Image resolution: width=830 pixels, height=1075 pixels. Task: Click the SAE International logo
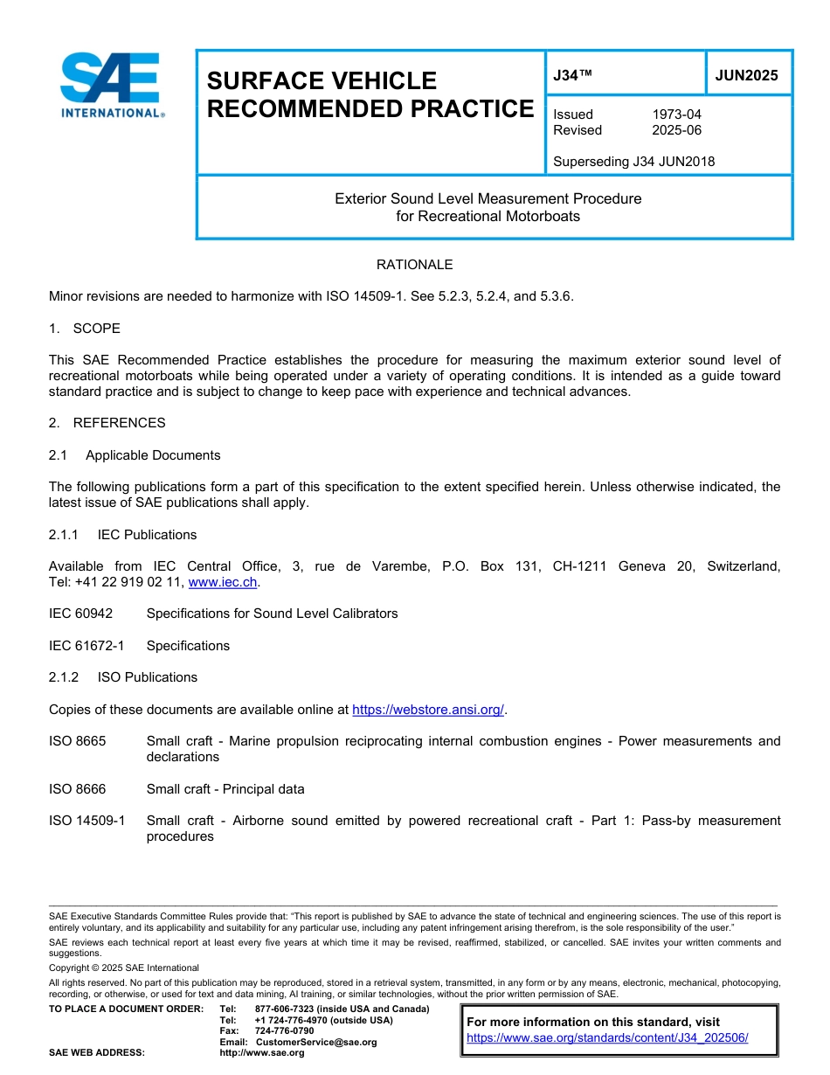pyautogui.click(x=112, y=85)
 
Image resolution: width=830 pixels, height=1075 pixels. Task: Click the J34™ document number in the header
pyautogui.click(x=573, y=75)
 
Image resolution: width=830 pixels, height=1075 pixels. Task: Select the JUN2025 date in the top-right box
pyautogui.click(x=746, y=75)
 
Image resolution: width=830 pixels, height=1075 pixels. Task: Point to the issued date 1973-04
pyautogui.click(x=676, y=114)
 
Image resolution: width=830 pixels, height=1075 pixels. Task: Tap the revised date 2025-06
pyautogui.click(x=676, y=130)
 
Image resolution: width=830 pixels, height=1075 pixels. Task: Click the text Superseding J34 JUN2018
pyautogui.click(x=633, y=161)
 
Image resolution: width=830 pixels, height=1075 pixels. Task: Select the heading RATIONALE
pyautogui.click(x=414, y=264)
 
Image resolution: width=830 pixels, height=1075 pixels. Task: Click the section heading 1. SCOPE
pyautogui.click(x=85, y=329)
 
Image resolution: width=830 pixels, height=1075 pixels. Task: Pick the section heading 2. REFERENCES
pyautogui.click(x=107, y=423)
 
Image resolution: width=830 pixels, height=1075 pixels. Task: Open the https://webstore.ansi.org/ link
pyautogui.click(x=428, y=710)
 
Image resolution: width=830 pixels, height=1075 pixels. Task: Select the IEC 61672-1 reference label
pyautogui.click(x=86, y=646)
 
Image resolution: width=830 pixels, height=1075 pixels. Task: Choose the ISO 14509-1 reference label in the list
pyautogui.click(x=86, y=821)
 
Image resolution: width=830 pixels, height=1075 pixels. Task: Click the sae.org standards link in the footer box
pyautogui.click(x=607, y=1038)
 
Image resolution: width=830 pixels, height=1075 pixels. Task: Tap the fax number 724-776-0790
pyautogui.click(x=285, y=1031)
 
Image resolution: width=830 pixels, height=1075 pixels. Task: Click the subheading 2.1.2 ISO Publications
pyautogui.click(x=123, y=677)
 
